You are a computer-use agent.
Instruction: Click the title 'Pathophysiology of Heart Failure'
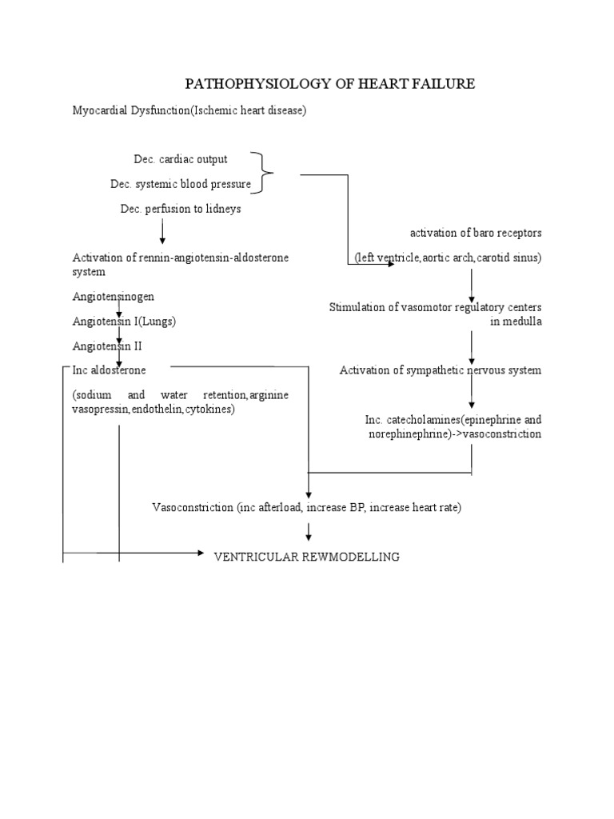coord(330,84)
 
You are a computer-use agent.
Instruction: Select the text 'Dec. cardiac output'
coord(181,159)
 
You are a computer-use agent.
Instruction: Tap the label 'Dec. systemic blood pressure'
coord(181,184)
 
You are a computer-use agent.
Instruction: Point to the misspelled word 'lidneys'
coord(223,209)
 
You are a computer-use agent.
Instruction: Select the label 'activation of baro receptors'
coord(476,233)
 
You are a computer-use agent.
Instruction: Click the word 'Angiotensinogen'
coord(114,297)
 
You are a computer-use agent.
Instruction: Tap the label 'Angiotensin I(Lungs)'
coord(124,322)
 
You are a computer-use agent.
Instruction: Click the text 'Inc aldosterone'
coord(110,370)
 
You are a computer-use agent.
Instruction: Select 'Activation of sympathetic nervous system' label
coord(441,370)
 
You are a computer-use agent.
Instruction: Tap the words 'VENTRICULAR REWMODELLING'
coord(306,557)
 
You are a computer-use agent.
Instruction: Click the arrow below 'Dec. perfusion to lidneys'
coord(162,231)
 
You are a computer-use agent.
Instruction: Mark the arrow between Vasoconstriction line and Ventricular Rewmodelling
coord(309,531)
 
